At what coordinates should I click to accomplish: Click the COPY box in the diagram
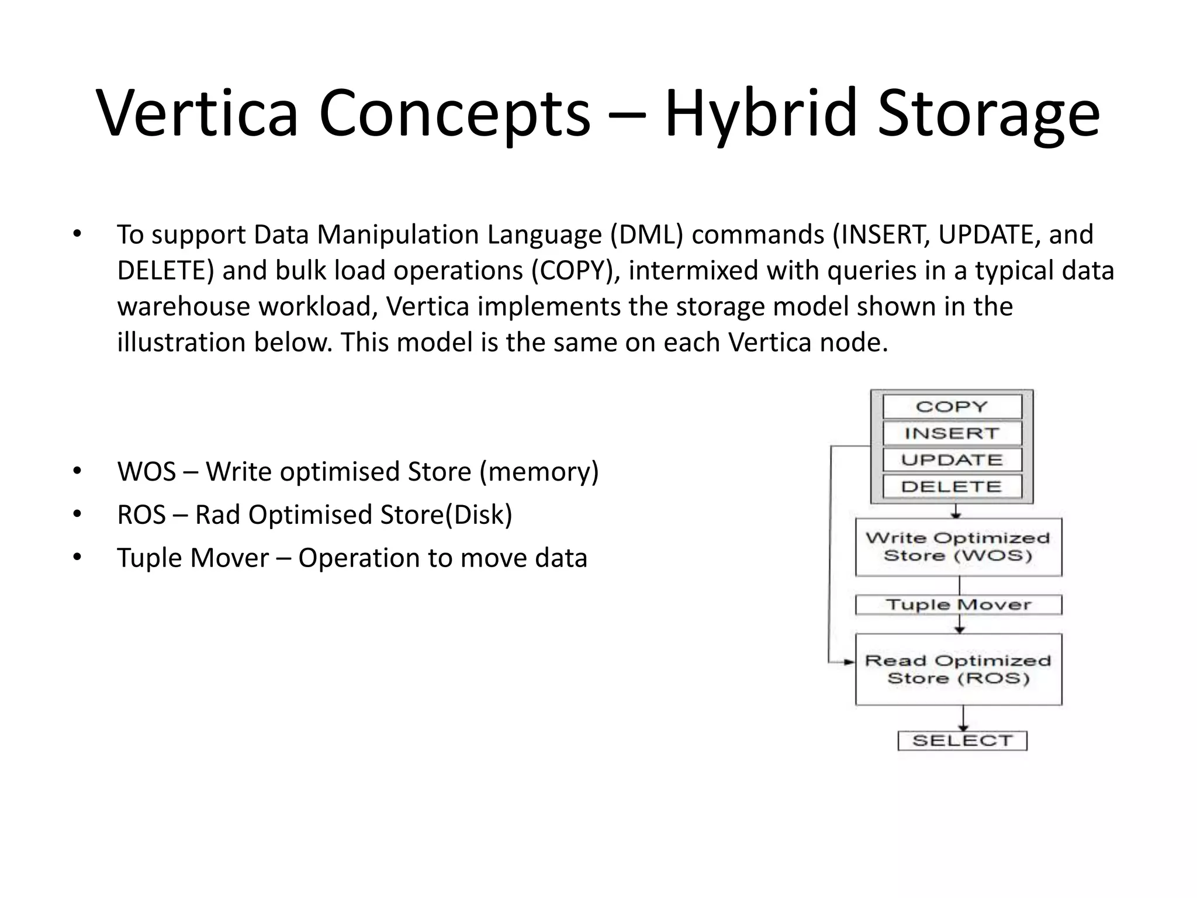coord(952,406)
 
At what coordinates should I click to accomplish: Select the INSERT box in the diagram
coord(952,433)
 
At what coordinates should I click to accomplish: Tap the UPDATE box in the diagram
coord(952,460)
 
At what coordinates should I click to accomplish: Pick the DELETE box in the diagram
coord(952,486)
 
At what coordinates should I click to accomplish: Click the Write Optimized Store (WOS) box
coord(958,547)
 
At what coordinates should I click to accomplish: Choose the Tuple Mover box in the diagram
coord(958,605)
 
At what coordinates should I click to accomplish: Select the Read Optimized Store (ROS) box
coord(958,669)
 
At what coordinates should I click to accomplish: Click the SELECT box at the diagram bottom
coord(962,741)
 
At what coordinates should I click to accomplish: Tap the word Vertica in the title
coord(198,112)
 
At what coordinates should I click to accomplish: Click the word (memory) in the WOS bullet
coord(539,472)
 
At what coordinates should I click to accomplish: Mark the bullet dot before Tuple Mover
coord(77,557)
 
